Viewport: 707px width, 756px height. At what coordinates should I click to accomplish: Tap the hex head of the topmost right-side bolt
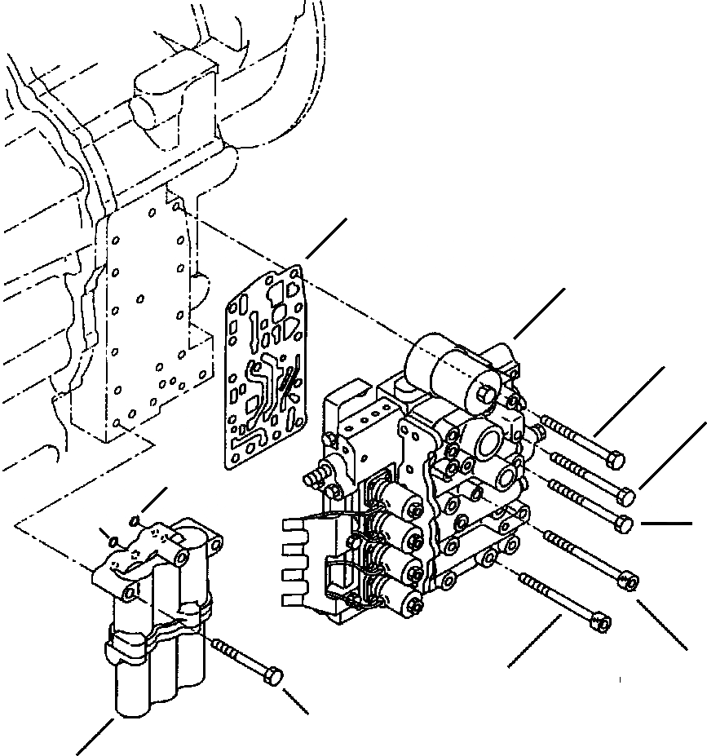[616, 461]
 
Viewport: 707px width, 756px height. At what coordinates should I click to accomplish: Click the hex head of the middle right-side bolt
[625, 524]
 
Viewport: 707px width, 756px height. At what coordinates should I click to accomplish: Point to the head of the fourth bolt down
[629, 581]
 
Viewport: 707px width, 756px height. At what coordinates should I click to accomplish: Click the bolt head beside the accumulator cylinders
[276, 676]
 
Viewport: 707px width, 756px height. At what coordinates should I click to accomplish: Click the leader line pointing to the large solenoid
[538, 313]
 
